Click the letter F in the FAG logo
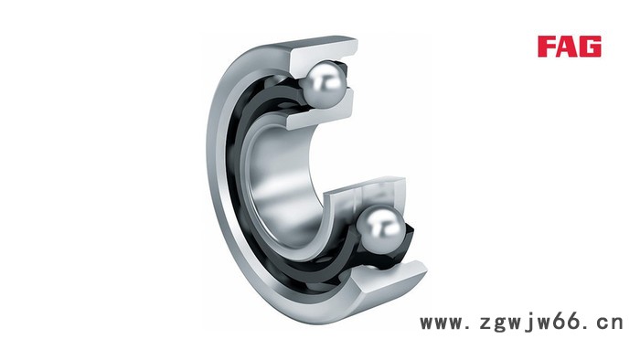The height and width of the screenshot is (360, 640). [x=546, y=46]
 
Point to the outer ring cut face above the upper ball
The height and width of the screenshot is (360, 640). [x=324, y=53]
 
